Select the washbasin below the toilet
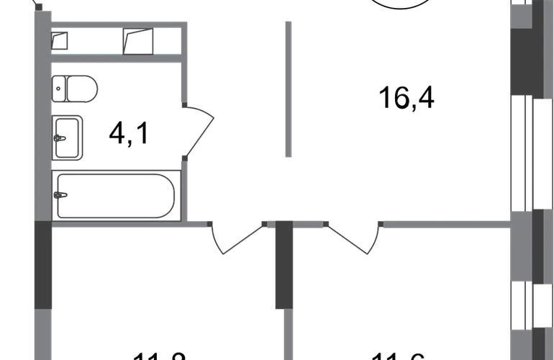click(69, 135)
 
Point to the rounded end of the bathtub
click(170, 194)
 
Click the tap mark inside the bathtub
click(63, 194)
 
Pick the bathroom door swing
click(198, 130)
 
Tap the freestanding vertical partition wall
click(288, 90)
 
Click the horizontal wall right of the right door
click(446, 225)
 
